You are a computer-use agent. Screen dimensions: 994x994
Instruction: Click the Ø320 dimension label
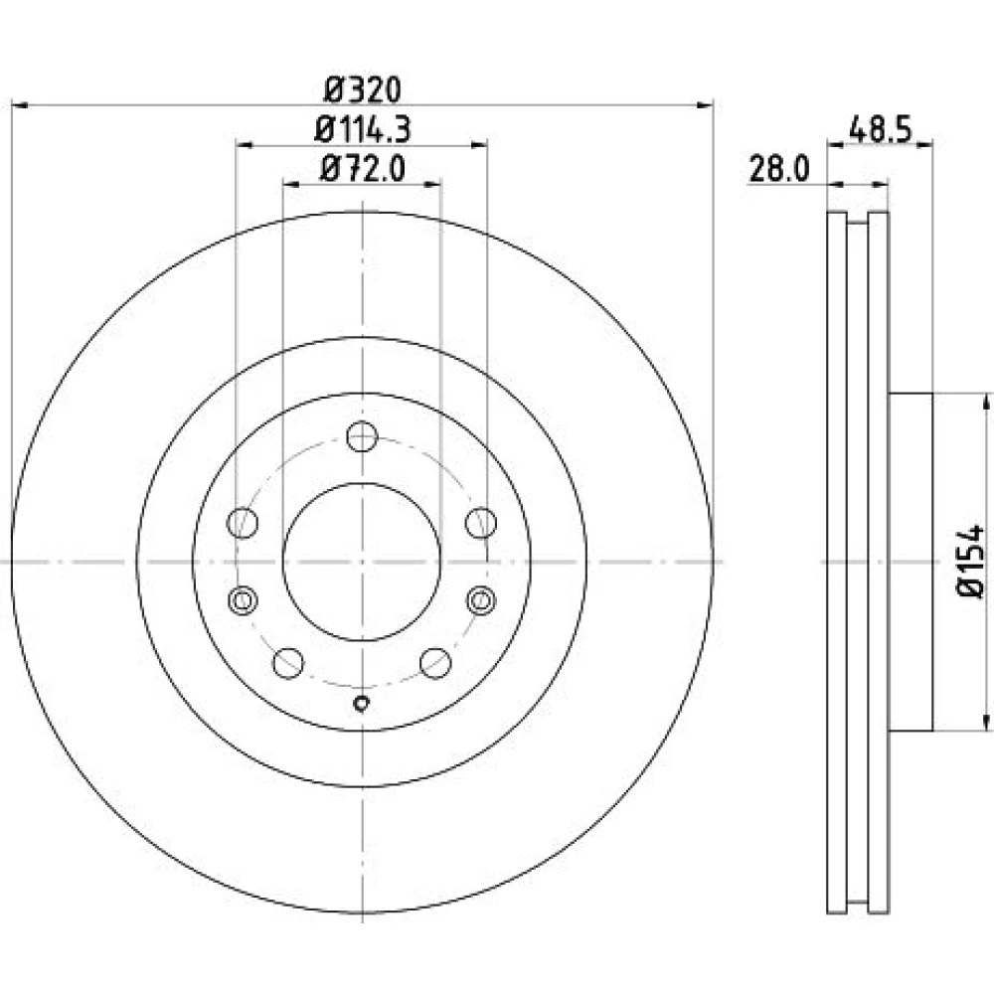coord(363,90)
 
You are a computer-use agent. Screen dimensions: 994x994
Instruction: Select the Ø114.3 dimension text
coord(363,129)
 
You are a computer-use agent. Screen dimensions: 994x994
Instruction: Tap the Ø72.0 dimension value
coord(363,169)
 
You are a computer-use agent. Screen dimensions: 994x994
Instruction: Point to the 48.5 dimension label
coord(880,130)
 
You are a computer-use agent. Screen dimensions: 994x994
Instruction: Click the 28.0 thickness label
coord(779,169)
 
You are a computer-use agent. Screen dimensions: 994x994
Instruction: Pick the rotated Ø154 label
coord(970,561)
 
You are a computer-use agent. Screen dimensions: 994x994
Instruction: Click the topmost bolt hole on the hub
coord(363,436)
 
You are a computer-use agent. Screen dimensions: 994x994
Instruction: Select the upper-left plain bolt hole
coord(243,523)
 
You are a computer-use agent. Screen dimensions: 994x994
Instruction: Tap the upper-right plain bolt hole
coord(481,523)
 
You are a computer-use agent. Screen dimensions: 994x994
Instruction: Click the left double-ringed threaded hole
coord(243,599)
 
